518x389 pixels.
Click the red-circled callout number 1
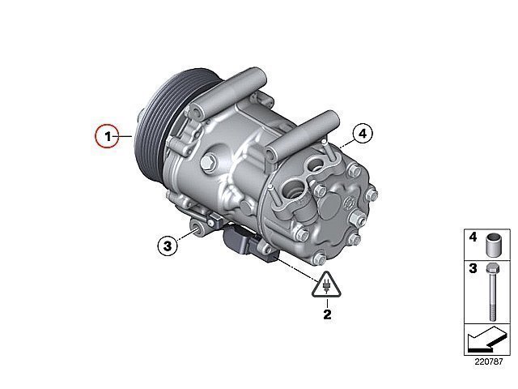pyautogui.click(x=107, y=136)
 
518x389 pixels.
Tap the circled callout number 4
pyautogui.click(x=363, y=134)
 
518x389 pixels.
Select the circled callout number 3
pyautogui.click(x=168, y=246)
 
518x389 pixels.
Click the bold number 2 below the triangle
pyautogui.click(x=327, y=314)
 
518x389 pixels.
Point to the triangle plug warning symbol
pyautogui.click(x=326, y=285)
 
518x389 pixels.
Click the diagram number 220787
pyautogui.click(x=489, y=361)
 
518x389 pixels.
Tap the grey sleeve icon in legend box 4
pyautogui.click(x=494, y=245)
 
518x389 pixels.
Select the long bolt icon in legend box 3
pyautogui.click(x=492, y=292)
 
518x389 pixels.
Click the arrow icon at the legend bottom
pyautogui.click(x=487, y=339)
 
